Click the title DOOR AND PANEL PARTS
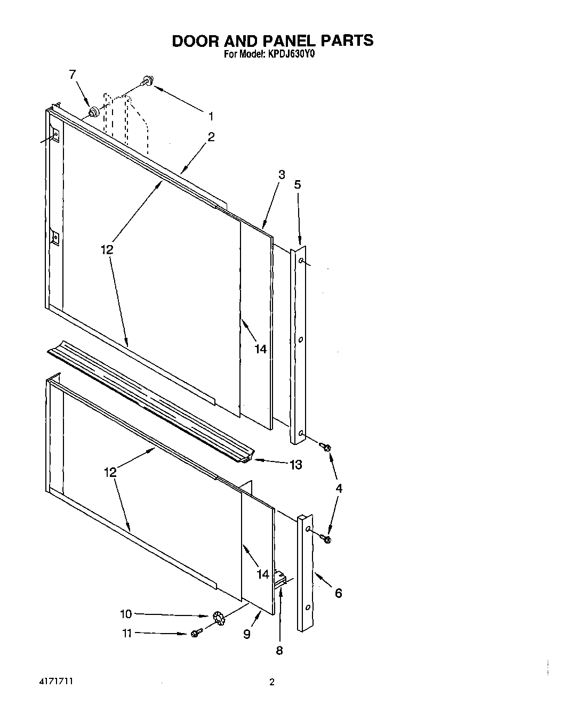(273, 41)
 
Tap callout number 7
(73, 75)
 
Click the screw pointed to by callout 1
(146, 81)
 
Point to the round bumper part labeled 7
(94, 112)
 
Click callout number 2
(211, 137)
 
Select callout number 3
(282, 174)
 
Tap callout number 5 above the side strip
(298, 185)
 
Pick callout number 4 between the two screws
(339, 488)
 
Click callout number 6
(338, 593)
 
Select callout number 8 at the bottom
(279, 650)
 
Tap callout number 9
(247, 634)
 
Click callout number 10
(125, 614)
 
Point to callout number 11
(126, 633)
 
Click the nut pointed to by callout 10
(218, 618)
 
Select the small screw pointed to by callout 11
(196, 633)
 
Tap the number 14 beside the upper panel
(260, 350)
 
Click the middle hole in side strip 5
(301, 339)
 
